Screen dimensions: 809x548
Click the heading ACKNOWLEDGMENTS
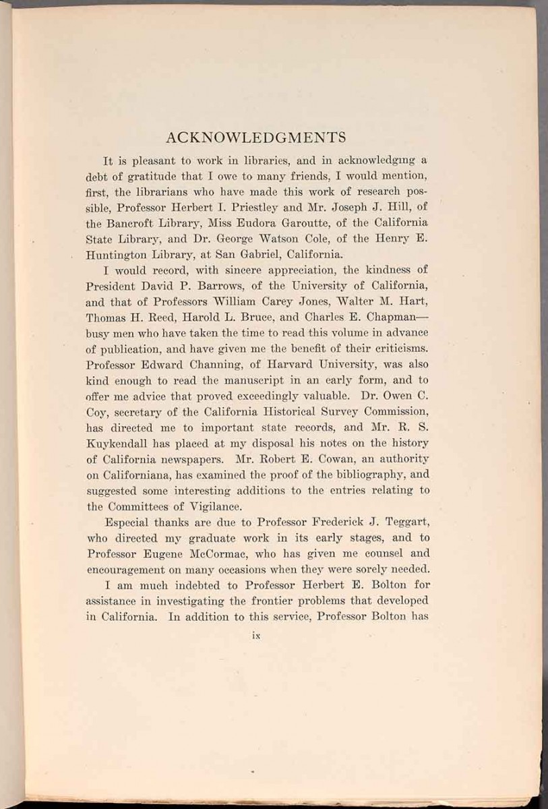tap(255, 138)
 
